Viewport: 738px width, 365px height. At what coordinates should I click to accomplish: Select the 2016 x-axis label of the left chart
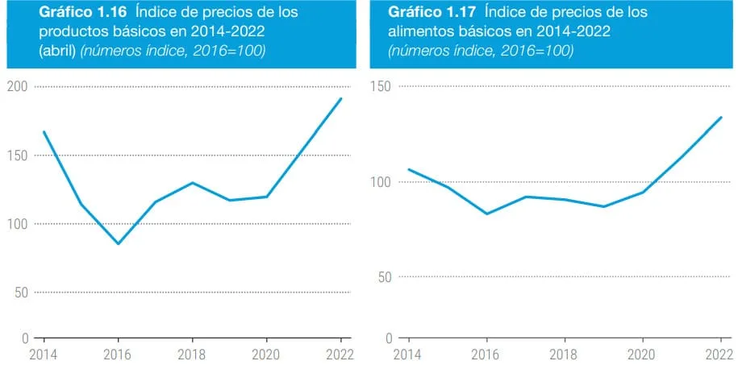(118, 353)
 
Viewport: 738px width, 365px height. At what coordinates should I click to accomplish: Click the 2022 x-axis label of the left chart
(340, 353)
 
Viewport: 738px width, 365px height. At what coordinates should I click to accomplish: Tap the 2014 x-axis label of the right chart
(408, 353)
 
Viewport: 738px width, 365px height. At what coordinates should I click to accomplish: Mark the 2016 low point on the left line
(118, 243)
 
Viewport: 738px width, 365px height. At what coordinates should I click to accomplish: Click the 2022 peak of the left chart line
(341, 99)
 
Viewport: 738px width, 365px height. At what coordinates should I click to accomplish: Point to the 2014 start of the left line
(44, 131)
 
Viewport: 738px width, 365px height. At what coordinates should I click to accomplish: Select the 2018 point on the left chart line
(192, 182)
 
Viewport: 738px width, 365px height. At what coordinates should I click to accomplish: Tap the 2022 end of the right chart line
(721, 118)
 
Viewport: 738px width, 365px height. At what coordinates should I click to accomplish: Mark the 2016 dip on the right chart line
(486, 214)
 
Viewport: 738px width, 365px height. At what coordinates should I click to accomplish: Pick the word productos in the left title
(72, 31)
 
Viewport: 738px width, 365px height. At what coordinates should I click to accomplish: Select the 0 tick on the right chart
(390, 338)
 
